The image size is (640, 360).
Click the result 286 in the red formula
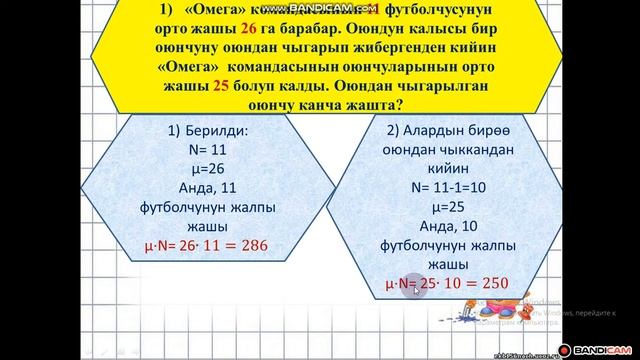[251, 244]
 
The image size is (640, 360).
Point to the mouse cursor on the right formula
[410, 290]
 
